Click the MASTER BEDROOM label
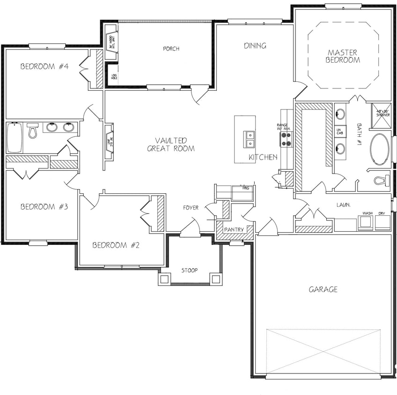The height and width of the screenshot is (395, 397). [x=343, y=56]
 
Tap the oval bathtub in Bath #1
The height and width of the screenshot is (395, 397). [x=379, y=150]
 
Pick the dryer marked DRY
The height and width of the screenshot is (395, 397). [x=382, y=222]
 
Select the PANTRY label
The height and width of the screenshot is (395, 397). [x=233, y=230]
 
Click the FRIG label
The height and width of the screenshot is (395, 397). [x=246, y=188]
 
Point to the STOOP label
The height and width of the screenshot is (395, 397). [x=189, y=270]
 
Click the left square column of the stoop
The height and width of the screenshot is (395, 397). [x=164, y=279]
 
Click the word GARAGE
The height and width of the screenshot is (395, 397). [x=323, y=290]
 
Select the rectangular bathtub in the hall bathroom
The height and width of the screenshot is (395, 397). [x=14, y=138]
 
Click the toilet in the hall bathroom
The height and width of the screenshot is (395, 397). [x=32, y=132]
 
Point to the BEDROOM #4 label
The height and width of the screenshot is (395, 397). [x=44, y=66]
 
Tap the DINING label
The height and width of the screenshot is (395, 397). [x=255, y=45]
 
